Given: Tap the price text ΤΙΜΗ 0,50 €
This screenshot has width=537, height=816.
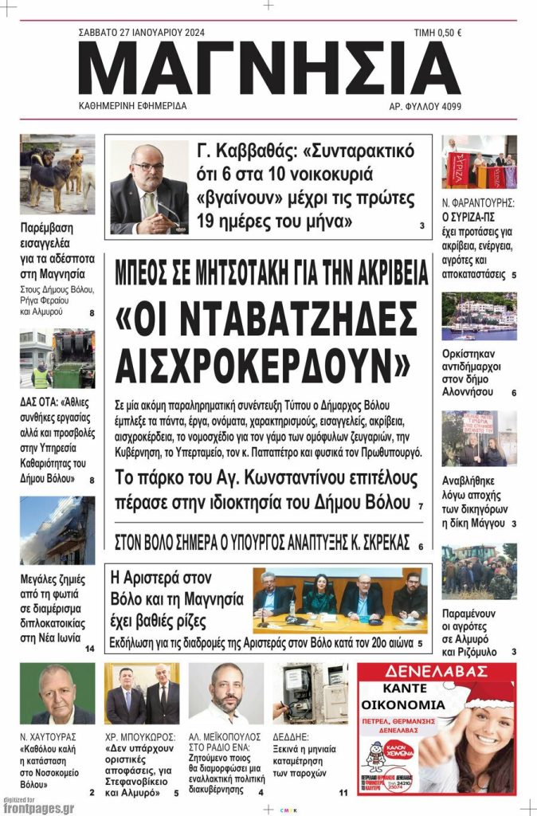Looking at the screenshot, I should (437, 33).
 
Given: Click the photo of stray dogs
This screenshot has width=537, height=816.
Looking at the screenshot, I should (57, 174).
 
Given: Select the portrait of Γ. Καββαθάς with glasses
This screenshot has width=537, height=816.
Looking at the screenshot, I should (149, 188).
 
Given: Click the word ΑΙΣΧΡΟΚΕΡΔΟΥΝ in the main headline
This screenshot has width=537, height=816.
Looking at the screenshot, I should (262, 363).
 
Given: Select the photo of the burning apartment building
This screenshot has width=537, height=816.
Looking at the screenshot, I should (57, 531).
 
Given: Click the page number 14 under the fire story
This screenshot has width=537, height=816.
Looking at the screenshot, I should (89, 649).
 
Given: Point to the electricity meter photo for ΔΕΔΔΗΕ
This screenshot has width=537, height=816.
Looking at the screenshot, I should (311, 693).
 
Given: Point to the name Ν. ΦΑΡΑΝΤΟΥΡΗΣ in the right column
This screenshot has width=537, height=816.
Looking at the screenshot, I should (478, 203).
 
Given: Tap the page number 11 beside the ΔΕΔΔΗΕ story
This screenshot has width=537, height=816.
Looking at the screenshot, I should (343, 793).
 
